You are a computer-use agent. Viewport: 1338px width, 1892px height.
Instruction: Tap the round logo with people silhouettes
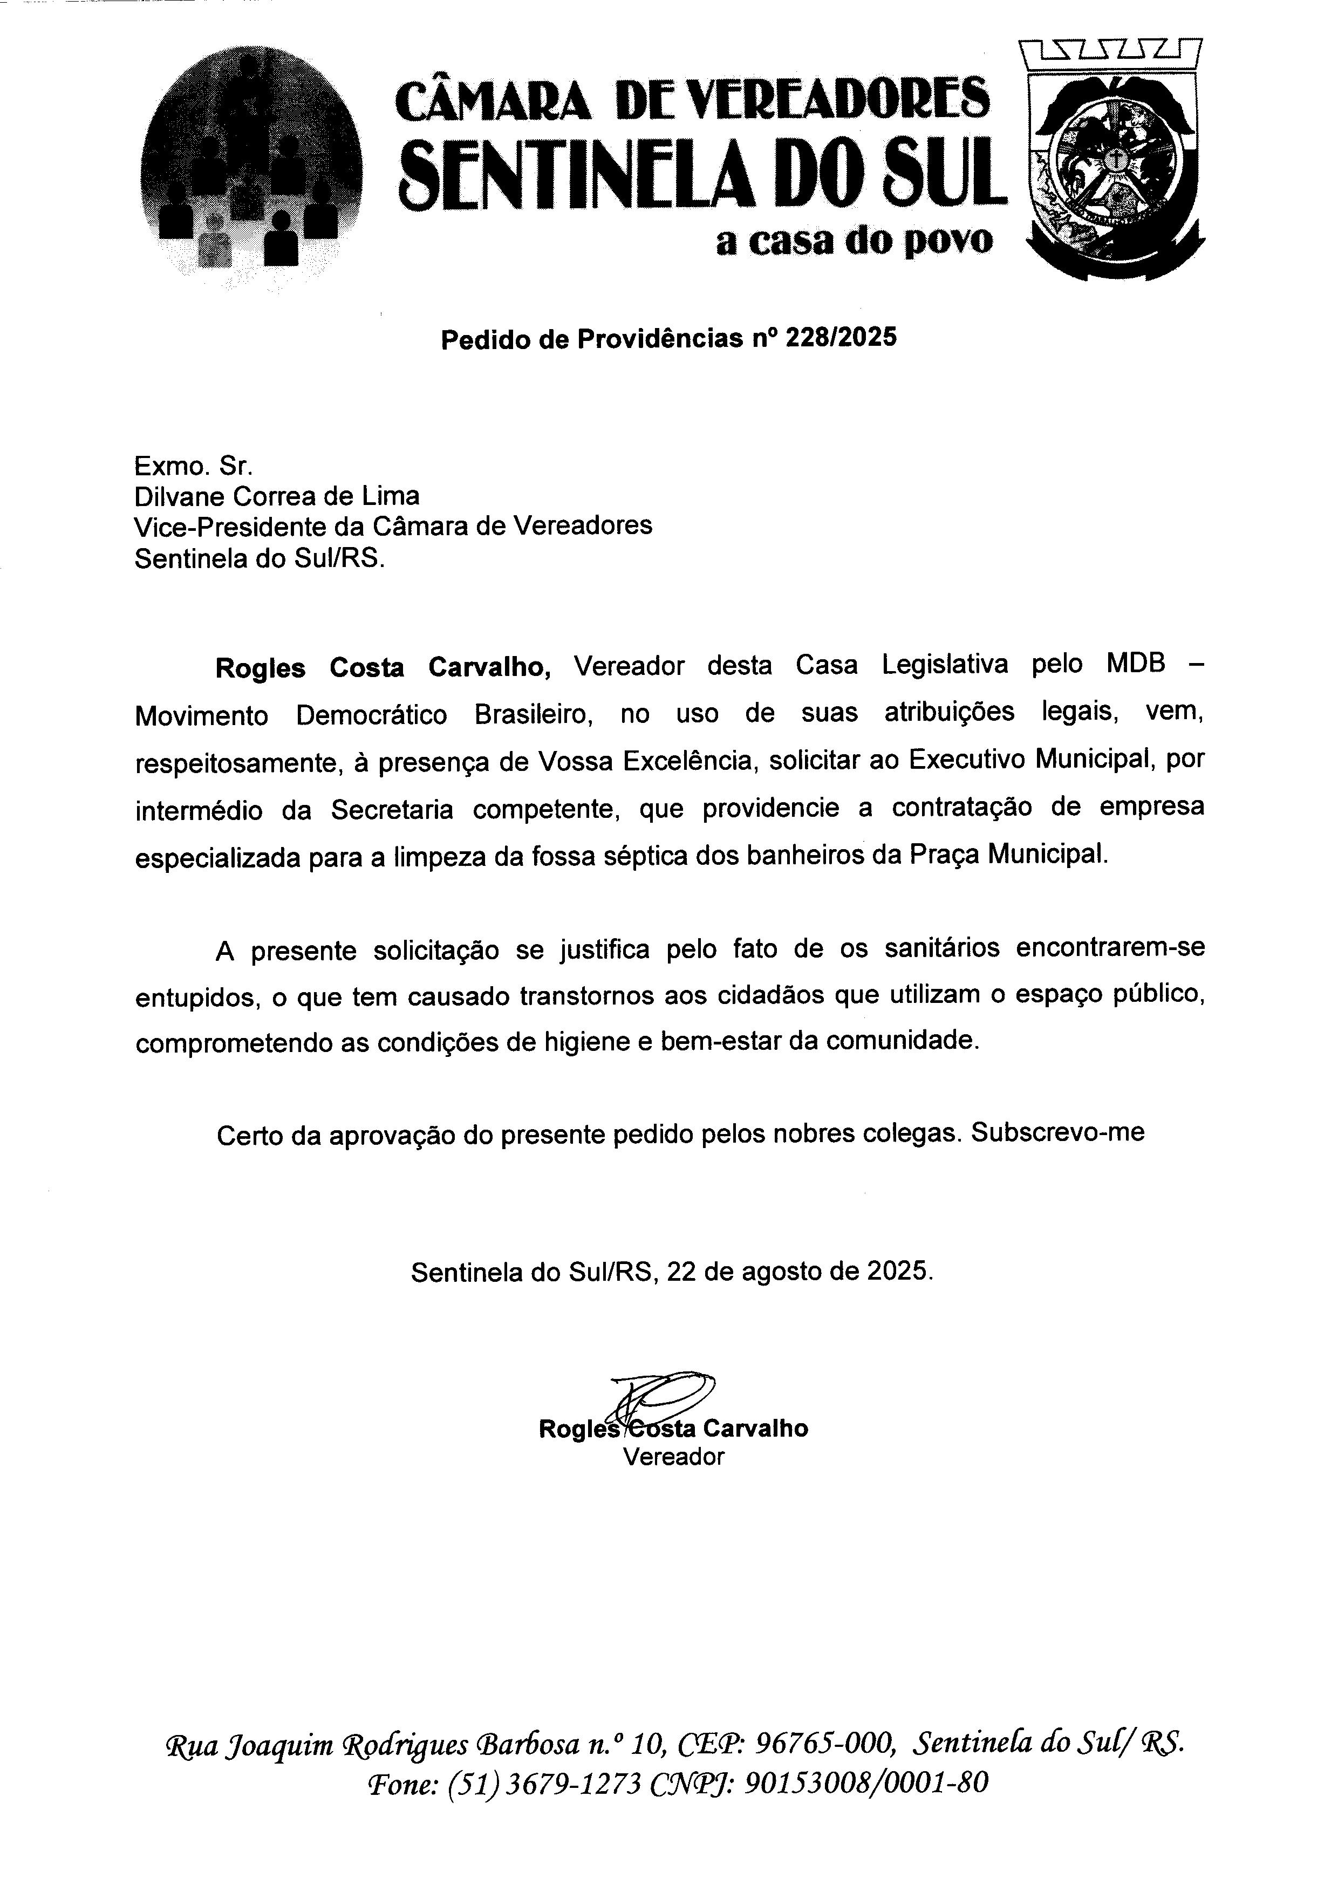click(251, 167)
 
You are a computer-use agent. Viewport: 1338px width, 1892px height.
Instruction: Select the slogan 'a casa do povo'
click(855, 242)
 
